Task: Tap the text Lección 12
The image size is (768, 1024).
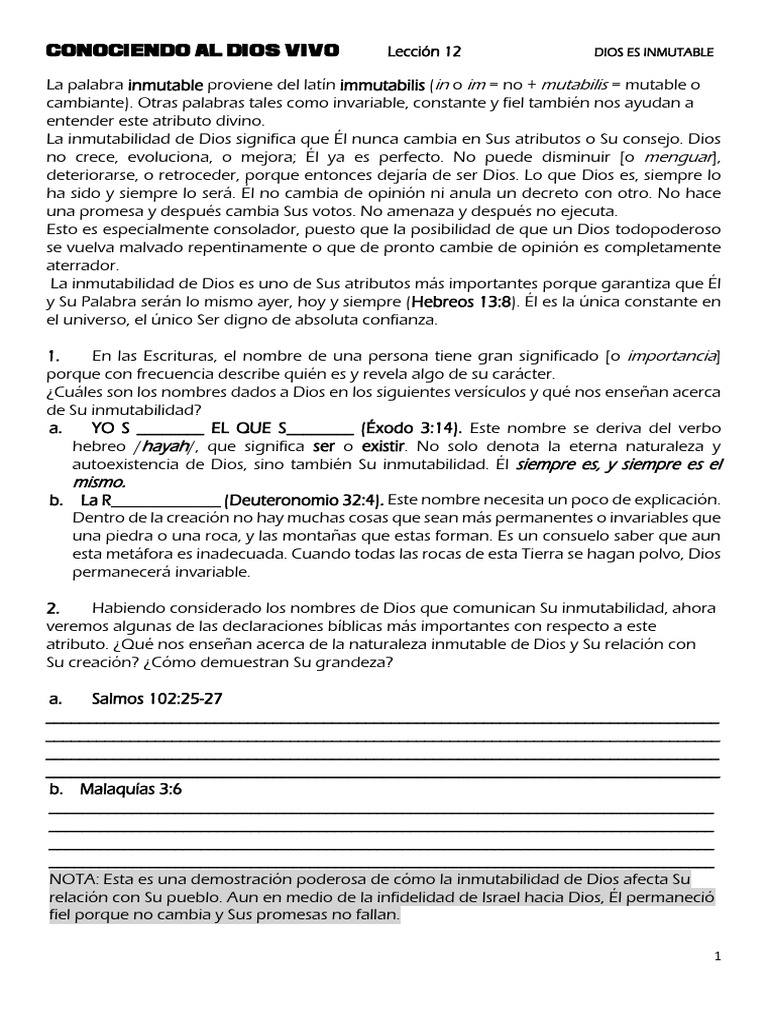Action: coord(424,51)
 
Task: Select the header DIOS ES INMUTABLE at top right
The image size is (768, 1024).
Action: coord(654,52)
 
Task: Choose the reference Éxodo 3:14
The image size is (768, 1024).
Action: coord(412,428)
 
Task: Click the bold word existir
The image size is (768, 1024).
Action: coord(383,446)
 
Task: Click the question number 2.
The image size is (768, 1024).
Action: coord(54,608)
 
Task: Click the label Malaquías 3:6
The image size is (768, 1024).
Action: coord(131,789)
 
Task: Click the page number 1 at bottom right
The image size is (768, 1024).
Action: coord(718,957)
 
